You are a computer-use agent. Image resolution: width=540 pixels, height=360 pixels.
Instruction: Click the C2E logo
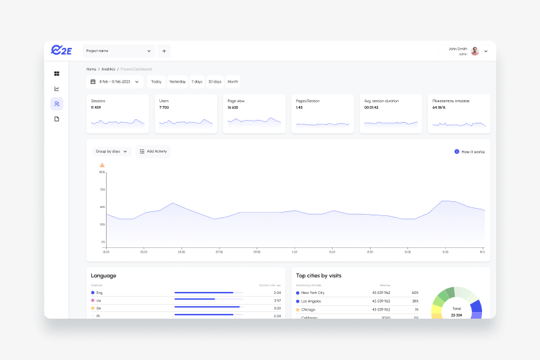[x=61, y=51]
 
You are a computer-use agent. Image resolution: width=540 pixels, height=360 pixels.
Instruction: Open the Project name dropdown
[x=119, y=51]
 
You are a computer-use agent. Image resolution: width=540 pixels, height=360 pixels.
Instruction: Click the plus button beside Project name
[x=164, y=51]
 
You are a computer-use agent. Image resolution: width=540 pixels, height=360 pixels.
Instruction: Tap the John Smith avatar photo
[x=475, y=51]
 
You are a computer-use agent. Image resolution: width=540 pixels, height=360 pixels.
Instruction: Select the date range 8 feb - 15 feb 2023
[x=115, y=82]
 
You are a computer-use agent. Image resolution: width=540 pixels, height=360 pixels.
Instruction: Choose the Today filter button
[x=156, y=82]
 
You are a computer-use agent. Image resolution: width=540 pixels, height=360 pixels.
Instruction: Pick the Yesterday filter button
[x=177, y=82]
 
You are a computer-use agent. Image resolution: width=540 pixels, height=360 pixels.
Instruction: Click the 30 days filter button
[x=215, y=82]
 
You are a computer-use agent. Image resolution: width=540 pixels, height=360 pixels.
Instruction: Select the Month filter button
[x=233, y=82]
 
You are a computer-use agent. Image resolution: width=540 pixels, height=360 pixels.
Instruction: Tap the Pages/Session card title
[x=308, y=101]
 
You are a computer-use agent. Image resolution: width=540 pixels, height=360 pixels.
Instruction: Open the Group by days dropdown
[x=111, y=151]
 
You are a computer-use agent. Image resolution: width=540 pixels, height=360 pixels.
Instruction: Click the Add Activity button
[x=153, y=151]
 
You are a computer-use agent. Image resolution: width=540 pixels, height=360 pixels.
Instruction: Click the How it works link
[x=473, y=152]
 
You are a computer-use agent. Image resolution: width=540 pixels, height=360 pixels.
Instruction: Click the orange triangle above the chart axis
[x=102, y=165]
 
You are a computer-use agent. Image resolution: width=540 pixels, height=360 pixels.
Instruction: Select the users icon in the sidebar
[x=57, y=103]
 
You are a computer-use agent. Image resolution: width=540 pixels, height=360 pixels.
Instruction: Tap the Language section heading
[x=103, y=275]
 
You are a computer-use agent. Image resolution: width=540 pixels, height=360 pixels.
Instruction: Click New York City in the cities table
[x=313, y=293]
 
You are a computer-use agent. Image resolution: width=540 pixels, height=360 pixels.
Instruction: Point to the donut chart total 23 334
[x=456, y=315]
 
